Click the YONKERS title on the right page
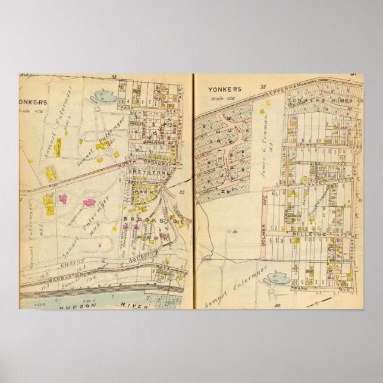(221, 90)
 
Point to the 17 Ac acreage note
(231, 231)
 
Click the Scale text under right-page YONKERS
(221, 98)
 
